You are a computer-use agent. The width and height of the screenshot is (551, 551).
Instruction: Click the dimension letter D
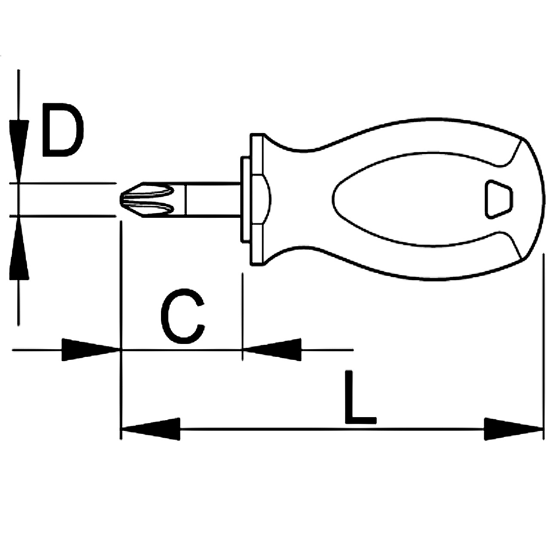coord(63,130)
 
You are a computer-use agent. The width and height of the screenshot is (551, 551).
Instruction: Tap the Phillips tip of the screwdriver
coord(147,199)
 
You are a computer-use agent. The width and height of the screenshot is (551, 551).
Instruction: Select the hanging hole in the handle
coord(498,199)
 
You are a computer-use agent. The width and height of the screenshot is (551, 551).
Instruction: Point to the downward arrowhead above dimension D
coord(19,151)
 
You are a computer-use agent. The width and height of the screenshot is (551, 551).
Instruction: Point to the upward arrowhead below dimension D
coord(19,248)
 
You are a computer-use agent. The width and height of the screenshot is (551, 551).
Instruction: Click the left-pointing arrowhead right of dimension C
coord(272,350)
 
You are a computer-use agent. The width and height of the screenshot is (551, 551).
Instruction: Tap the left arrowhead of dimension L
coord(151,429)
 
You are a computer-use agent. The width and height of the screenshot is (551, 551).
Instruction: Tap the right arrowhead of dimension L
coord(513,429)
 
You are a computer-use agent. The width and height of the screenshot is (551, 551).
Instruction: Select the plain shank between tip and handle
coord(213,200)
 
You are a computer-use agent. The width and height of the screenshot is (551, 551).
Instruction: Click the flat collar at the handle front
coord(257,200)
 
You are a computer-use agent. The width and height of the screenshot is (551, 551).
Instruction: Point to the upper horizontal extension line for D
coord(63,183)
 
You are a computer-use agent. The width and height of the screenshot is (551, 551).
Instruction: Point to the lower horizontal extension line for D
coord(63,216)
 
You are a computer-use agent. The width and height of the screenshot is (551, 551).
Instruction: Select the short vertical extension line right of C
coord(242,317)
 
